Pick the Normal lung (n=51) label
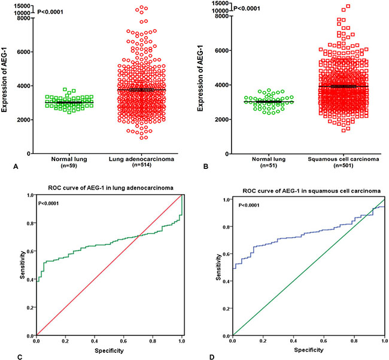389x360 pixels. click(x=261, y=161)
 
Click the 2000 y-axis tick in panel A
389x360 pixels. click(x=23, y=120)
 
